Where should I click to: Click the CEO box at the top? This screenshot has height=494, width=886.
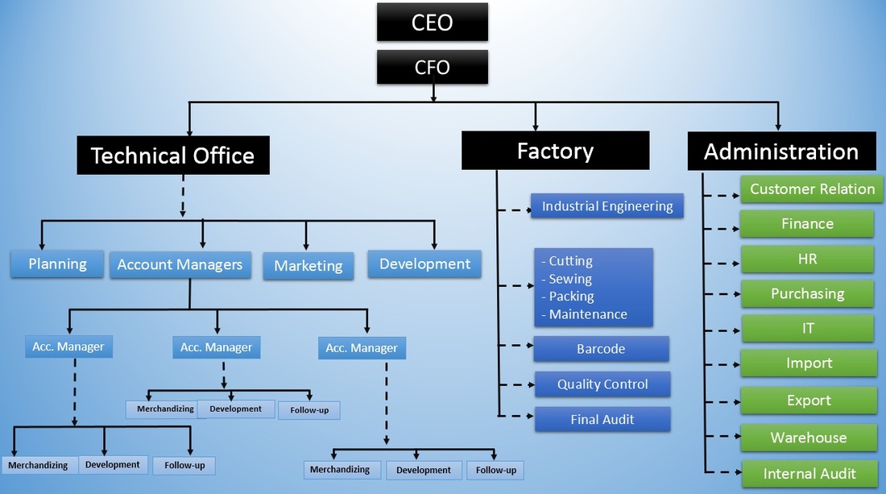coord(432,22)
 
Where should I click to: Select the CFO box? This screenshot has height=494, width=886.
coord(432,67)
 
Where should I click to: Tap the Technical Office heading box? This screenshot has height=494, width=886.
coord(172,156)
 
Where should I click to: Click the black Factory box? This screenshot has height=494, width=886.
coord(555,151)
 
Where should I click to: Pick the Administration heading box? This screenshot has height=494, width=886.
coord(780,152)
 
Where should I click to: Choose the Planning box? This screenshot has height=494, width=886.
coord(57,264)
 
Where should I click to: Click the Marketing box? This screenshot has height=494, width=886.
coord(308,265)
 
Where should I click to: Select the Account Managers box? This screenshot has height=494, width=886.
coord(180,264)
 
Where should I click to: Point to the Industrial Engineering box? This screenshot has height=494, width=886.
coord(607,206)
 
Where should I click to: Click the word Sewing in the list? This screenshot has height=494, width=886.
coord(570,279)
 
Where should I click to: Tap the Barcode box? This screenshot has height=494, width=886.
coord(601,349)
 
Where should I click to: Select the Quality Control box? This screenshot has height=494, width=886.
coord(602,384)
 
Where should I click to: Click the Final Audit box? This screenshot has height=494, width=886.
coord(602,419)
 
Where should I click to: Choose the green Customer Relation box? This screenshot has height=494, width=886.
coord(811,189)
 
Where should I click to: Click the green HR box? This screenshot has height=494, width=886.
coord(806,259)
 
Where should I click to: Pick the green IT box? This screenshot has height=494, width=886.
coord(806,329)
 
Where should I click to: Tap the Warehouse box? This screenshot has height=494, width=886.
coord(808,438)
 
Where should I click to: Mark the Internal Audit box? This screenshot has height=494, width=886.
coord(809,474)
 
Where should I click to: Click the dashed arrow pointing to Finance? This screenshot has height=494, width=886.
coord(722,229)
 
